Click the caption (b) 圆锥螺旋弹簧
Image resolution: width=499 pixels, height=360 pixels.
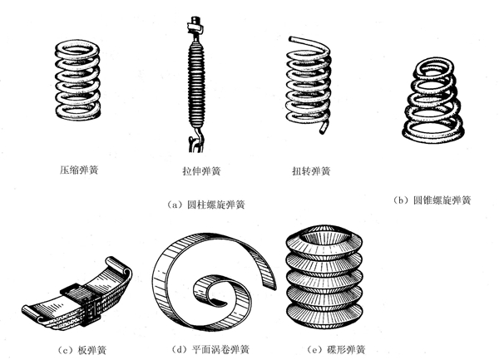pos(432,200)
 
